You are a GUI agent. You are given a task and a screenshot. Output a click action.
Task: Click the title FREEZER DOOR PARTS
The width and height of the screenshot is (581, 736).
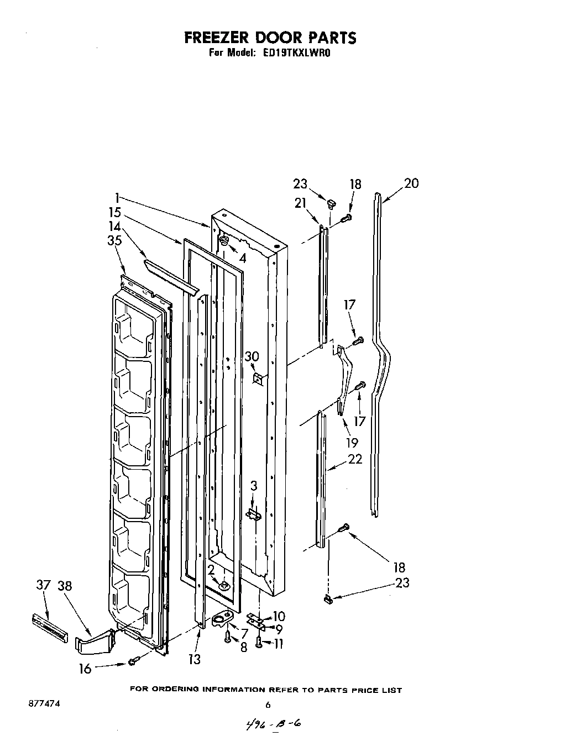coord(270,38)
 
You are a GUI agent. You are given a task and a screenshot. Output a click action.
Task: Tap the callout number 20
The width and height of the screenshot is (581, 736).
coord(411,183)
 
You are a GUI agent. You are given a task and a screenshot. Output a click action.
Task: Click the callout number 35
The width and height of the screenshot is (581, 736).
coord(114,240)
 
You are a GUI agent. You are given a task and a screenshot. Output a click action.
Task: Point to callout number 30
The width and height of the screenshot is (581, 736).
coord(252,357)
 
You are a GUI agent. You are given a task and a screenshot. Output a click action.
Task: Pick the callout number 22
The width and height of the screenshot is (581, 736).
coord(355,459)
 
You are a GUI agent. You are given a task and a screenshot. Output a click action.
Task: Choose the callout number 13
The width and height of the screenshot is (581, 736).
coord(194,659)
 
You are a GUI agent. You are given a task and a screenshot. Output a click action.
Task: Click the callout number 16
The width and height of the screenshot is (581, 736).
coord(85,669)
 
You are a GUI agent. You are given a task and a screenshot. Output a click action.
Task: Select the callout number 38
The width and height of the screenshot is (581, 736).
coord(65,586)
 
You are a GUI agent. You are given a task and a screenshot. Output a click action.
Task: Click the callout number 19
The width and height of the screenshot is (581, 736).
coord(351,441)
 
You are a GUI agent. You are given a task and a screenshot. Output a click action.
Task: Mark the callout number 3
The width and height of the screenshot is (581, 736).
coord(253,486)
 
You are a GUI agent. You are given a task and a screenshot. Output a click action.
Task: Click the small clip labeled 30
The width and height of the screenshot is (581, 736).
coord(258,378)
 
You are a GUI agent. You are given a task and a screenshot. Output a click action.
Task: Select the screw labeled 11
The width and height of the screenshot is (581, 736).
coord(259,642)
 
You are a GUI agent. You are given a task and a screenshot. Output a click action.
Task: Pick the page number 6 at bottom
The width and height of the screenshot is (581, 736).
coord(268,705)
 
